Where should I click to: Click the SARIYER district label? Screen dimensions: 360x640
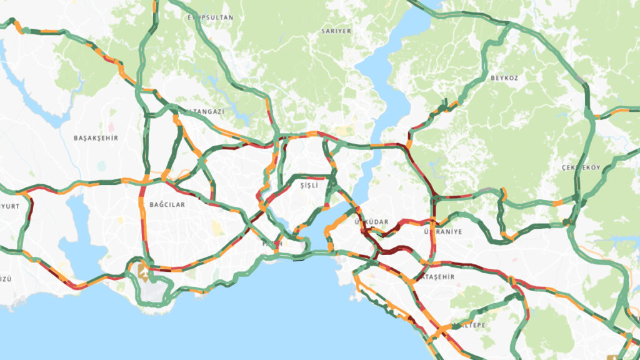click(336, 31)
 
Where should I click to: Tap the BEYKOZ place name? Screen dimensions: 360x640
click(505, 77)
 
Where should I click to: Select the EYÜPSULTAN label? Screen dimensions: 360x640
click(211, 17)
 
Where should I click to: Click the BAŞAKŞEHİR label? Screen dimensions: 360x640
click(96, 137)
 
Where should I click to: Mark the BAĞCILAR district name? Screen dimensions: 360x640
click(167, 204)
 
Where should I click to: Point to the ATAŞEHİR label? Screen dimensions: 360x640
click(437, 276)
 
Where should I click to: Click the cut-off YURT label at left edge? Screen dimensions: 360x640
click(9, 205)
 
